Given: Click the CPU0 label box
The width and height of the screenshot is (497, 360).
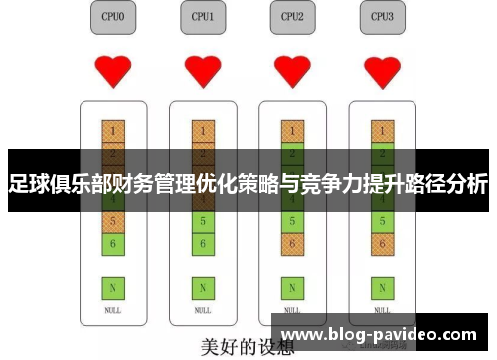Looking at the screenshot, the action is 113,17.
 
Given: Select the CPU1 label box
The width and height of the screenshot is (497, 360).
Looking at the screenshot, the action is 203,17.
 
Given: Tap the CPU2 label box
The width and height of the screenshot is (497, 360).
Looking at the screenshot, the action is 292,17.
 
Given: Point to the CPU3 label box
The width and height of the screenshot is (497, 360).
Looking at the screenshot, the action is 381,17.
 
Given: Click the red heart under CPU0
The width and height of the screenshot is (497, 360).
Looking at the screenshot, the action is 113,71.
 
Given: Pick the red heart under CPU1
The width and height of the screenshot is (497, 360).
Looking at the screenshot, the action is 203,71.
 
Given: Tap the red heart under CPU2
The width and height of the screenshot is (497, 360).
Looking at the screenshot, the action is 291,71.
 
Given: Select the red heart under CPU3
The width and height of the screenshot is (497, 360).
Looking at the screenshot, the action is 381,71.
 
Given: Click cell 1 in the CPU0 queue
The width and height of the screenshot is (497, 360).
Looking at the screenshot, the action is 113,131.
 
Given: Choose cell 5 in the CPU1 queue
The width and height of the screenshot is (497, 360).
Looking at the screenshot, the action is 203,220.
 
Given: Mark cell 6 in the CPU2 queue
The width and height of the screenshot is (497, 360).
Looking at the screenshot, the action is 291,242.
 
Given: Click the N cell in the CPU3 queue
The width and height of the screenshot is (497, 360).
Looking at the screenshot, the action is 381,288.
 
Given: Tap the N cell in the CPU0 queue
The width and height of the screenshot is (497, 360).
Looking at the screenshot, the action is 113,288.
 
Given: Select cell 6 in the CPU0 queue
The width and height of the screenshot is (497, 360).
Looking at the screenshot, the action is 113,242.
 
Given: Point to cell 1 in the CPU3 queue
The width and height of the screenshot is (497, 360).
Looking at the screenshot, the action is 381,131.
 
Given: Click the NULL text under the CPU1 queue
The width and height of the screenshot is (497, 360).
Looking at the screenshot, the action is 203,310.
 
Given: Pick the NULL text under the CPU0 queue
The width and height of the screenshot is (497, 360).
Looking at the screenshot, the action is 113,310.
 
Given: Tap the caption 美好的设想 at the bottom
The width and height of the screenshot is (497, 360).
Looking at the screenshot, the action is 248,348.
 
